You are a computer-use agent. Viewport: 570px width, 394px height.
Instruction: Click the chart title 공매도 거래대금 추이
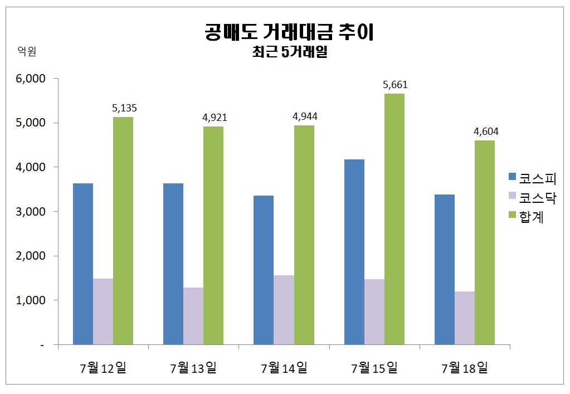[289, 32]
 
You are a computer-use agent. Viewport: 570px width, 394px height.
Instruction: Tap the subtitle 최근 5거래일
[289, 54]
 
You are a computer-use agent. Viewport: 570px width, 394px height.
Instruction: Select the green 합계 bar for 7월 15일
[394, 219]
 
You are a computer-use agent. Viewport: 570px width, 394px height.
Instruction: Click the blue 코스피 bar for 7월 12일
[83, 264]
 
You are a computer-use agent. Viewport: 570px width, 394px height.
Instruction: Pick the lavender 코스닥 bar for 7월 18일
[465, 318]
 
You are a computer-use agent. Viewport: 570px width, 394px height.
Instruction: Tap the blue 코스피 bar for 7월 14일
[264, 270]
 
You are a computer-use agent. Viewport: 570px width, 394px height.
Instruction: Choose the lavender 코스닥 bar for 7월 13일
[193, 316]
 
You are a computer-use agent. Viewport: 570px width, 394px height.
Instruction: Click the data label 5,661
[395, 85]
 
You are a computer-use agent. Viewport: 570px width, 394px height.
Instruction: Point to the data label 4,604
[486, 132]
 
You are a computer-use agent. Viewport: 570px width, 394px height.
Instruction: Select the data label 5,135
[124, 108]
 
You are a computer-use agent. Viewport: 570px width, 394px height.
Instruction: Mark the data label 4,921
[215, 118]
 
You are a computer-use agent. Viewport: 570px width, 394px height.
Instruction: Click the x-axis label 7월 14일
[284, 368]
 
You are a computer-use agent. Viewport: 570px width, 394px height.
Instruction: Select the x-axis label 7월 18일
[464, 368]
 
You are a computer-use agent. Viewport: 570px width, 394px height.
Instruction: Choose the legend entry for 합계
[526, 217]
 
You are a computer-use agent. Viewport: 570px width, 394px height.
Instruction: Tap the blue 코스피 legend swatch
[513, 178]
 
